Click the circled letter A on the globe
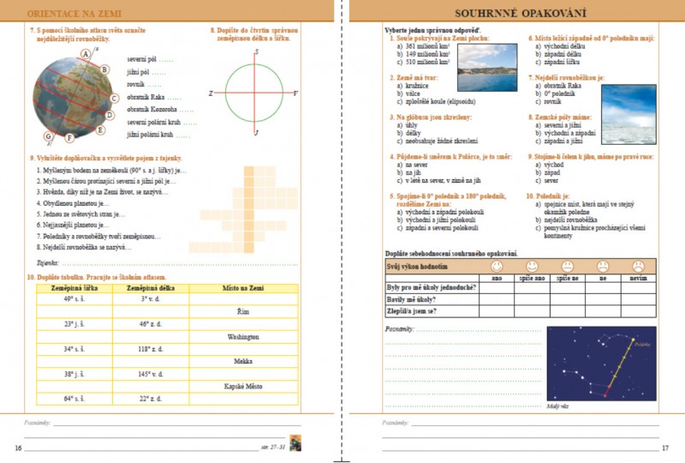[x=85, y=53]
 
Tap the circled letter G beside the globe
[x=49, y=137]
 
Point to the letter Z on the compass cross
[x=210, y=93]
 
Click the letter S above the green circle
[x=256, y=52]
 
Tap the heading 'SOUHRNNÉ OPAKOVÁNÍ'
[x=513, y=14]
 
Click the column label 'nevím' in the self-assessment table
[x=638, y=278]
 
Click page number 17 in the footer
[x=665, y=448]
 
